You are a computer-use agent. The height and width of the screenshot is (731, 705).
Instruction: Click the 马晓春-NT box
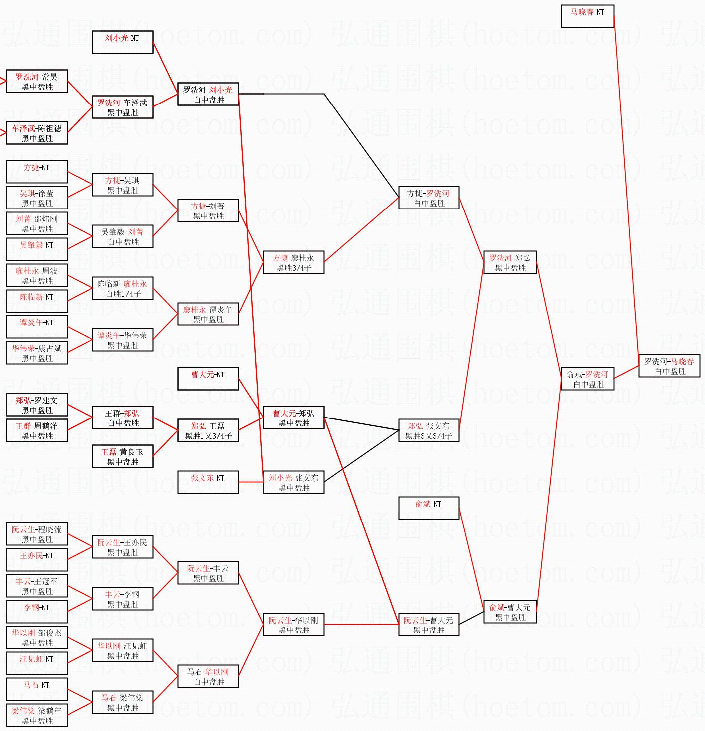point(588,16)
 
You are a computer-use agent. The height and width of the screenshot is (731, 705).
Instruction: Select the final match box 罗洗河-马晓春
point(669,366)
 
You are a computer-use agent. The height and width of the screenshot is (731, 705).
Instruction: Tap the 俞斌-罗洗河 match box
point(588,379)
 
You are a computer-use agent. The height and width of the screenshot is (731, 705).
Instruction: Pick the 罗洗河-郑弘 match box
point(510,263)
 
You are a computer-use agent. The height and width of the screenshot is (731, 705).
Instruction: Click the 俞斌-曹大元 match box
point(510,612)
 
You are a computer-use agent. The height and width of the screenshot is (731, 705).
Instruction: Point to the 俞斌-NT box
point(428,508)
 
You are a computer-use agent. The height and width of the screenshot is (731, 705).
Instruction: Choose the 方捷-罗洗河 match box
point(428,198)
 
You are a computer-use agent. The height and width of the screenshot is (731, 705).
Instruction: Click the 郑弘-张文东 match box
point(428,431)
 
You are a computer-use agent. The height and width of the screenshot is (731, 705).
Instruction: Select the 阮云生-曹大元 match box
point(428,625)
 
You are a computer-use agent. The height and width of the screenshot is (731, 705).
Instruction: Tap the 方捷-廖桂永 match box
point(294,263)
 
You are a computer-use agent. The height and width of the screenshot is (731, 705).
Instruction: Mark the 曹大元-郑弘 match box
point(294,418)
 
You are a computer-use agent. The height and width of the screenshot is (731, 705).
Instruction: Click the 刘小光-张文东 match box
point(294,483)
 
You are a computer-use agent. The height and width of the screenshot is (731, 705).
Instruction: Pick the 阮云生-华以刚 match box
point(294,625)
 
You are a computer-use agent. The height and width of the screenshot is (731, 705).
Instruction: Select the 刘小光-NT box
point(122,42)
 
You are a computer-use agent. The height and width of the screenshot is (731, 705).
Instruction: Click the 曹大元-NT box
point(208,379)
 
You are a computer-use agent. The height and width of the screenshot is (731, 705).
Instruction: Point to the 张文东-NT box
point(208,482)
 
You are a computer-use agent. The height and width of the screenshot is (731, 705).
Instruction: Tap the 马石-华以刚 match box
point(208,677)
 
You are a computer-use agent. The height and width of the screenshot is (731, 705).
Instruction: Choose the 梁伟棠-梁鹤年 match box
point(37,716)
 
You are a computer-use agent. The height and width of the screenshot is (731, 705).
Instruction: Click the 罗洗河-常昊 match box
point(37,82)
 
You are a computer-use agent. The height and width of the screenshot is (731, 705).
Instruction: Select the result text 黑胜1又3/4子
point(208,436)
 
